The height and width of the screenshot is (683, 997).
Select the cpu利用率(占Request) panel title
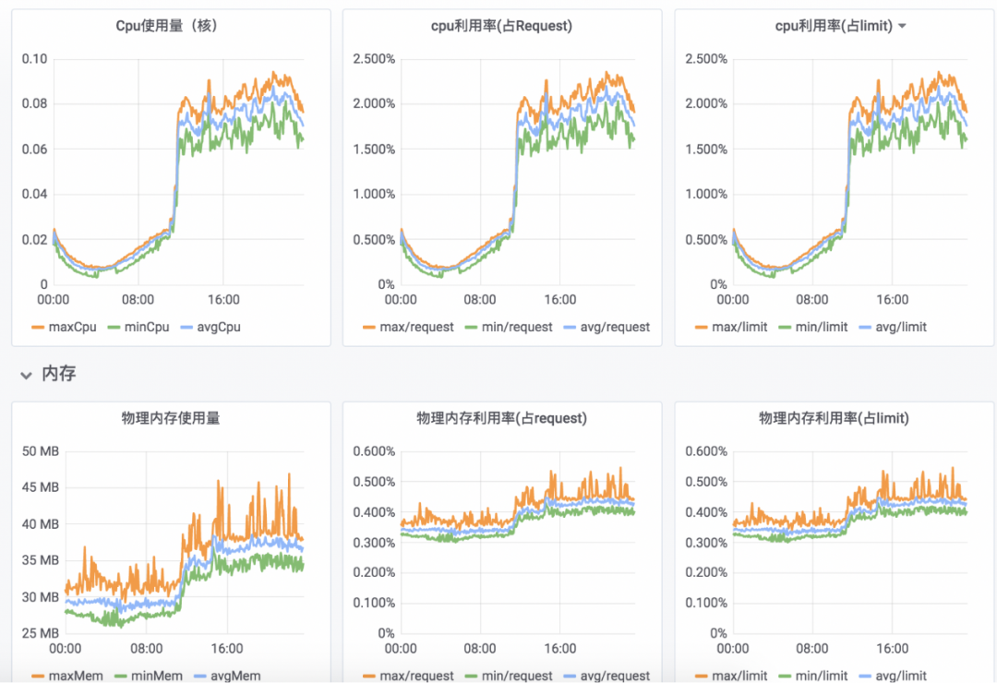click(x=501, y=26)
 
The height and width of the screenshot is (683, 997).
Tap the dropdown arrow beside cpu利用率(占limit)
click(x=902, y=26)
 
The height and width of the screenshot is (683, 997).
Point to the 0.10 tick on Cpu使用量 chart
click(x=34, y=59)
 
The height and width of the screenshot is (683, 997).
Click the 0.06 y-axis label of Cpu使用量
click(x=34, y=150)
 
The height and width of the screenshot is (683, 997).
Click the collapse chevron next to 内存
click(x=26, y=375)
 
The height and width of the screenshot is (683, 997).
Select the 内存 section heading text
click(x=59, y=374)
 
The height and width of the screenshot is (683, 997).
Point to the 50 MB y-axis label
click(x=41, y=451)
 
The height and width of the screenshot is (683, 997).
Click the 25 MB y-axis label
click(x=41, y=633)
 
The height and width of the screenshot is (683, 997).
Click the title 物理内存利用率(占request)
click(x=501, y=418)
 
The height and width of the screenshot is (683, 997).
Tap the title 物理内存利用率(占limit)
click(x=834, y=418)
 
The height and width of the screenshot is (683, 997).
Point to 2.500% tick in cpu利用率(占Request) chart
click(x=375, y=59)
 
